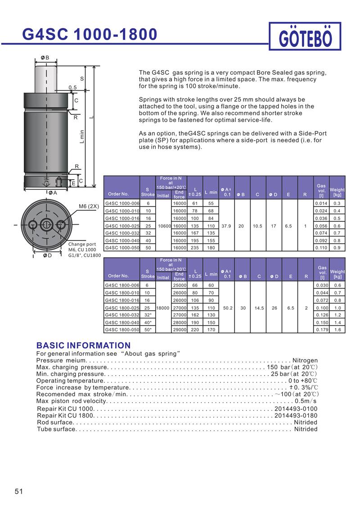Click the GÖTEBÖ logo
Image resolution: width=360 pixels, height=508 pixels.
click(x=306, y=37)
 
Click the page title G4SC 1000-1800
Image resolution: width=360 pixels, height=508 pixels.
click(x=90, y=34)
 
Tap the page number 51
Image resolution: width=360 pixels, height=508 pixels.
click(x=18, y=491)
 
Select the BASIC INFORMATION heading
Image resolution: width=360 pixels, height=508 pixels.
click(x=83, y=345)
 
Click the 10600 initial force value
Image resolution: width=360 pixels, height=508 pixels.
click(x=163, y=226)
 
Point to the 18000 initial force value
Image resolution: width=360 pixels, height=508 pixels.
click(x=163, y=308)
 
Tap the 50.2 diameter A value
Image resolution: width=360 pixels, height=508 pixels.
click(x=227, y=308)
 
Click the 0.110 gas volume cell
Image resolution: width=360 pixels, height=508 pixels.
click(x=321, y=248)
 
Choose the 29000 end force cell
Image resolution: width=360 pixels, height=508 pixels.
click(x=180, y=330)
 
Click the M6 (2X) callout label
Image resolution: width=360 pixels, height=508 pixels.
click(x=88, y=206)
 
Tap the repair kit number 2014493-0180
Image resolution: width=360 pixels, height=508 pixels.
click(x=296, y=415)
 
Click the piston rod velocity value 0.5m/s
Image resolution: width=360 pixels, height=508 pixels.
click(x=306, y=401)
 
